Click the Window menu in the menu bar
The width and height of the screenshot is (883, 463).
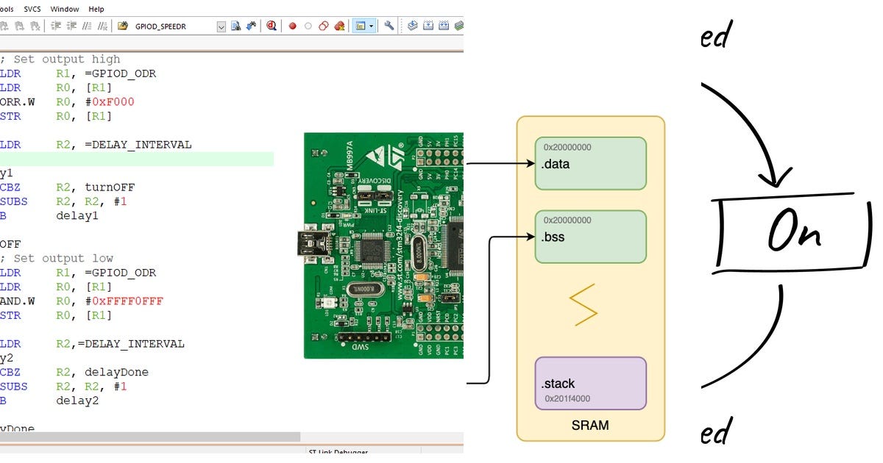[65, 9]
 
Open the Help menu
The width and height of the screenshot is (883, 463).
[96, 9]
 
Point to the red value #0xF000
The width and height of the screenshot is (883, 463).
[110, 102]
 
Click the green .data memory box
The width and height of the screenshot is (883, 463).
[590, 163]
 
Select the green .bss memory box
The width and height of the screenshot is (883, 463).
[590, 237]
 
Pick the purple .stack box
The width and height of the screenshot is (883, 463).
[590, 383]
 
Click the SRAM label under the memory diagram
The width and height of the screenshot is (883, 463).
[590, 426]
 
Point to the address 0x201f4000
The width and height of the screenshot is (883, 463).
[567, 399]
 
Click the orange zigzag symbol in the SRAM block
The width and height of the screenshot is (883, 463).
[583, 307]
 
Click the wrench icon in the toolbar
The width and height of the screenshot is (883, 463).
[389, 26]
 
